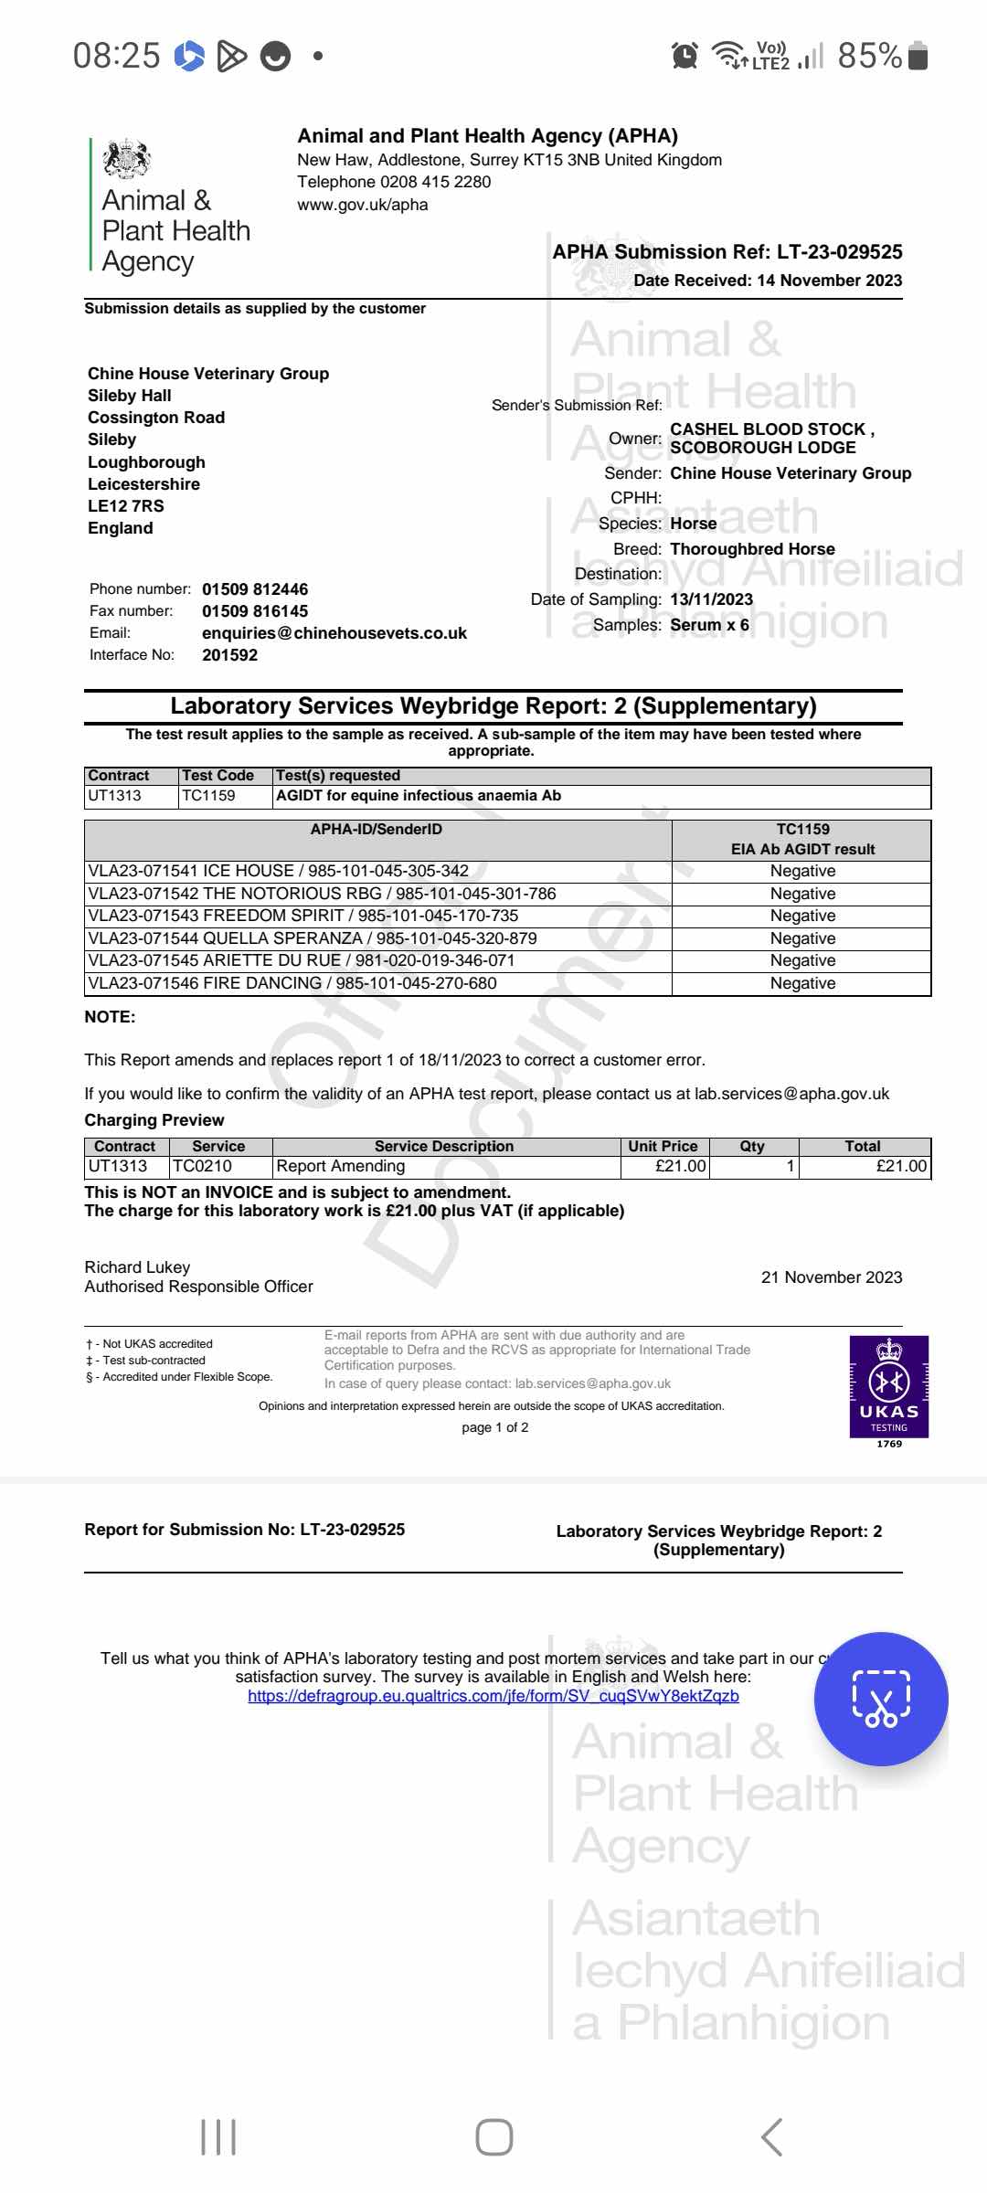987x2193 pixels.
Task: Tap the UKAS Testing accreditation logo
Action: click(x=888, y=1387)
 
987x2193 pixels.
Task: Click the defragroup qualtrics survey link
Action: click(x=493, y=1696)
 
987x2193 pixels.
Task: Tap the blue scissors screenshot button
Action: click(x=881, y=1699)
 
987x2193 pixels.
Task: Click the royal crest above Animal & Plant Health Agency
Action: click(x=126, y=159)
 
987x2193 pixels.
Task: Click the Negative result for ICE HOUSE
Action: click(x=802, y=871)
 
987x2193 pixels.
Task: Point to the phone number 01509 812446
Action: click(x=255, y=589)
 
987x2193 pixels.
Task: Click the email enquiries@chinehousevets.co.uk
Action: click(x=334, y=633)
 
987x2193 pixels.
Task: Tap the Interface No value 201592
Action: click(x=229, y=655)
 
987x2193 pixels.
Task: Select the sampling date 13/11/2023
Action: click(x=712, y=599)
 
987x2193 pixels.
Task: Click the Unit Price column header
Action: click(x=663, y=1146)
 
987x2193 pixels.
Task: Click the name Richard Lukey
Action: click(x=137, y=1267)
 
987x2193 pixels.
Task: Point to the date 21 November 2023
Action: click(x=831, y=1277)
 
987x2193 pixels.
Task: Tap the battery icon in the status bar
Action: click(x=918, y=56)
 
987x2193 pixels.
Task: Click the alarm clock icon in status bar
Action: click(x=685, y=56)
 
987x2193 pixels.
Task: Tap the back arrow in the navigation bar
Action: click(x=772, y=2137)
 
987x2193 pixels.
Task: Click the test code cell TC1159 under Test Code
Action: click(x=208, y=796)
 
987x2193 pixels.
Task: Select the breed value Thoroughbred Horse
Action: click(x=752, y=549)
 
